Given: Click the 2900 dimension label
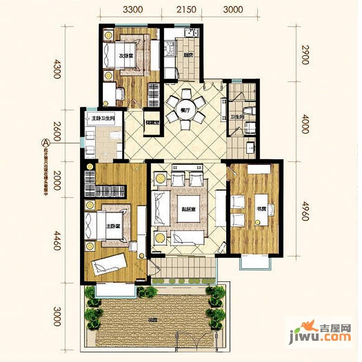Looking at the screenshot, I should [306, 55].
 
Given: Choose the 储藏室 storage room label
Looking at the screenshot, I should [151, 122].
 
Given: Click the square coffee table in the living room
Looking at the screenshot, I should [189, 209].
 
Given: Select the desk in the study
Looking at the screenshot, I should [261, 208].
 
